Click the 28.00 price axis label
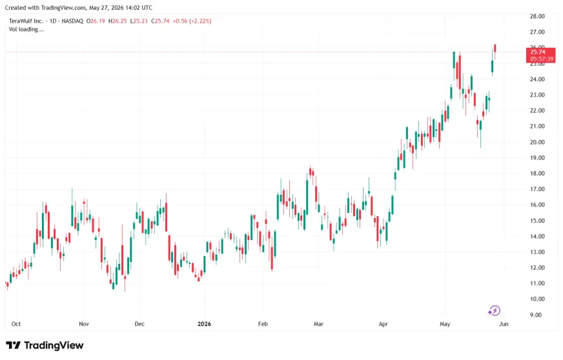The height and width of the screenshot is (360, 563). tap(537, 16)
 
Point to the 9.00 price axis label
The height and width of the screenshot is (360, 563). tap(536, 315)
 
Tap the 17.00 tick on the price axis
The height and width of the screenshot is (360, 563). tap(537, 189)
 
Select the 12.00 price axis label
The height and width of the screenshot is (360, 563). tap(537, 267)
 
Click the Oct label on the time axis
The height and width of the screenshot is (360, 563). tap(16, 324)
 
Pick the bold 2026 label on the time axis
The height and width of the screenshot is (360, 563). tap(204, 324)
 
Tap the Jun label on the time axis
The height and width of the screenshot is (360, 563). tap(504, 324)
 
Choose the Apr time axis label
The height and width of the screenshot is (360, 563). tap(383, 324)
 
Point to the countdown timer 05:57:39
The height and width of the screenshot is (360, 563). tap(542, 59)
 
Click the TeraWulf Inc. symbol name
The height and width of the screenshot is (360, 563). tap(26, 21)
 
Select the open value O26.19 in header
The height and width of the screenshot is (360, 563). tap(96, 21)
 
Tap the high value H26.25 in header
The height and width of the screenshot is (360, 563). tap(118, 21)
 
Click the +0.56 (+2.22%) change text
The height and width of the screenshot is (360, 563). tap(192, 21)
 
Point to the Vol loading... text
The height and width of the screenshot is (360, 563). tap(26, 30)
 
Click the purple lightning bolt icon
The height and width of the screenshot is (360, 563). tap(495, 310)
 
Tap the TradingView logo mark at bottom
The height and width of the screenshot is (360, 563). tap(14, 345)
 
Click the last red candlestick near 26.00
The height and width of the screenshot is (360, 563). tap(495, 48)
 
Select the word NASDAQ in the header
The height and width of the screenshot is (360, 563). tap(72, 21)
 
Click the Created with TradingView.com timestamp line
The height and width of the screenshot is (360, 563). tap(79, 8)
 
